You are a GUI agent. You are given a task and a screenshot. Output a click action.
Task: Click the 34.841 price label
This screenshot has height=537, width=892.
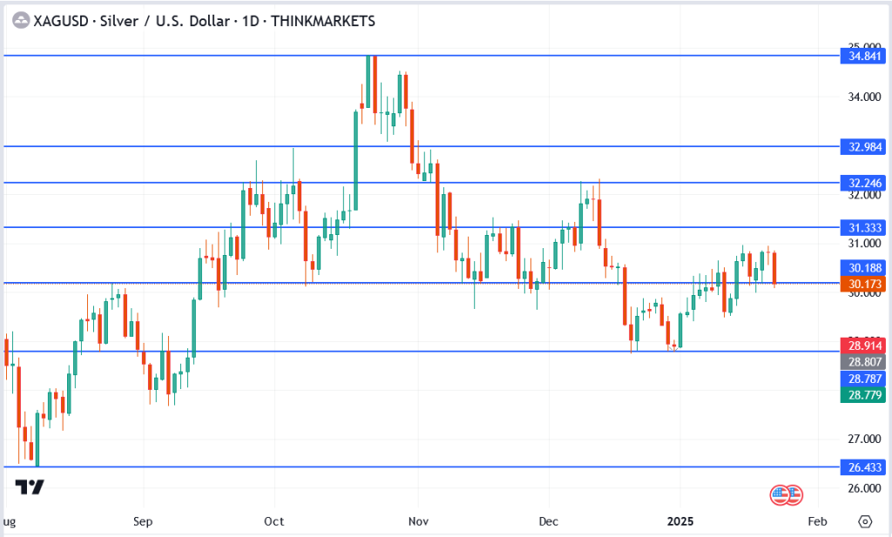[862, 56]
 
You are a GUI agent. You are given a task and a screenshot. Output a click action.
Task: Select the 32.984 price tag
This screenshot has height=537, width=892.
[862, 146]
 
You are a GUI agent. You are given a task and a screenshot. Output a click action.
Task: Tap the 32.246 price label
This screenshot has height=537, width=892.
[862, 183]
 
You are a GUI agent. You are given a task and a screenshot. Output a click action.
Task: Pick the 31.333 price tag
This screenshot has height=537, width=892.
[862, 227]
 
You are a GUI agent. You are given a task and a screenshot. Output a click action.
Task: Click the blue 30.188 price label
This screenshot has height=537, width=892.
[862, 267]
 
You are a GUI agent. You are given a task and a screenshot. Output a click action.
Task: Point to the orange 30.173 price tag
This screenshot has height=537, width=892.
[862, 283]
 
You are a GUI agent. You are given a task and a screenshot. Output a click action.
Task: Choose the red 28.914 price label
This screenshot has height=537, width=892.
[862, 345]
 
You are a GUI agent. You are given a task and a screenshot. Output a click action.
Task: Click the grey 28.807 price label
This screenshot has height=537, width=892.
[862, 361]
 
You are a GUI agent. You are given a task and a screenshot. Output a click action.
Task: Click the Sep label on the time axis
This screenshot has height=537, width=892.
[144, 521]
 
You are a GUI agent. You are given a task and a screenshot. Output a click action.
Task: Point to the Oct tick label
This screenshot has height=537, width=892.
[274, 521]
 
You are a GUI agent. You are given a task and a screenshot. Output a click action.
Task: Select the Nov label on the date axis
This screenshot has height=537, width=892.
[417, 521]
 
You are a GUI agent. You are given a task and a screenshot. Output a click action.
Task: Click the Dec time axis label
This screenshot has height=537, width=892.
[548, 521]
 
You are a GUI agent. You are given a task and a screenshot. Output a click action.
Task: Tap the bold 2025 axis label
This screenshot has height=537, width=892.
[680, 521]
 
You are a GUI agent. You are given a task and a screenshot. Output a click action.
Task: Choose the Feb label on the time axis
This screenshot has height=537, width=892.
[816, 521]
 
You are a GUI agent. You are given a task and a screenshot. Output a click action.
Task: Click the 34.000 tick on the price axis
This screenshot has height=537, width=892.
[861, 97]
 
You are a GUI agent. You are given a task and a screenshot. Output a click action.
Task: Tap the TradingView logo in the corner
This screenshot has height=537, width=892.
[30, 487]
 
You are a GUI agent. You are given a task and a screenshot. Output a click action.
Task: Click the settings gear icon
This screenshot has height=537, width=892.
[864, 521]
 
